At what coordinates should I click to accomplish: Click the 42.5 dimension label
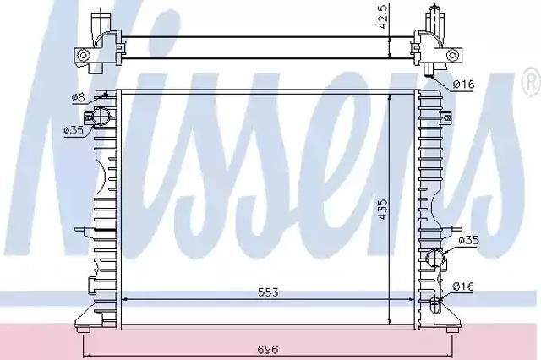pyautogui.click(x=383, y=16)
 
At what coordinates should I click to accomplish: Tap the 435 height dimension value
pyautogui.click(x=383, y=210)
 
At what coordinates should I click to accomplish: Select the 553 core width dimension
pyautogui.click(x=268, y=292)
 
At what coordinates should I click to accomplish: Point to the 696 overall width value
pyautogui.click(x=268, y=350)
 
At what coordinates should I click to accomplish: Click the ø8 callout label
pyautogui.click(x=79, y=97)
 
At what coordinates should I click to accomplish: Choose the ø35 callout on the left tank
pyautogui.click(x=74, y=130)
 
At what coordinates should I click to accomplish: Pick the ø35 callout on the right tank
pyautogui.click(x=469, y=240)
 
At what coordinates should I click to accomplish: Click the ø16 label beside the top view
pyautogui.click(x=464, y=84)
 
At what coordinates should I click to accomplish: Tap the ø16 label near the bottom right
pyautogui.click(x=464, y=286)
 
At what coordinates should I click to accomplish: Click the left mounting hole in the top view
pyautogui.click(x=83, y=55)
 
